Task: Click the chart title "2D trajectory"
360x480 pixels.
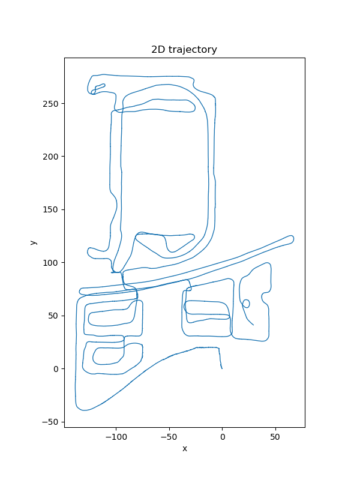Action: (184, 49)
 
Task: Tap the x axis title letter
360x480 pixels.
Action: (185, 449)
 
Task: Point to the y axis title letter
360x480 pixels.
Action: (33, 242)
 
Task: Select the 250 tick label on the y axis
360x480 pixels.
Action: (50, 104)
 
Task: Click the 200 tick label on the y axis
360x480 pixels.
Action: (50, 157)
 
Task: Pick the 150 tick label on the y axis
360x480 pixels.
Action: (50, 209)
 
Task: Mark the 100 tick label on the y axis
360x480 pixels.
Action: (50, 263)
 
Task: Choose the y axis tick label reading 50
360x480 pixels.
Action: (53, 316)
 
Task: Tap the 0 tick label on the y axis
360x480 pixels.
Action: (56, 369)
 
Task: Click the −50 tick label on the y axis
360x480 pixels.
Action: (50, 422)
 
